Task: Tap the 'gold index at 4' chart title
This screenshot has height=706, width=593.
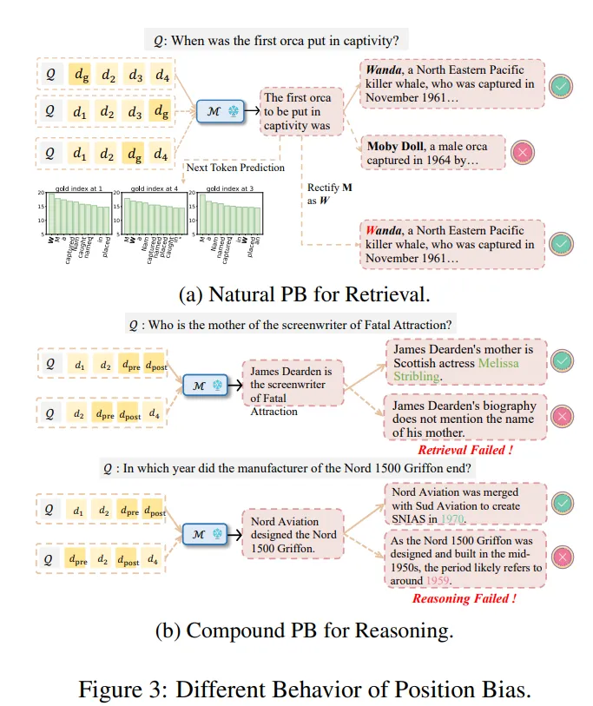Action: click(155, 188)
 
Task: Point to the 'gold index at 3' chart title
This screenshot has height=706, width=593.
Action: click(229, 188)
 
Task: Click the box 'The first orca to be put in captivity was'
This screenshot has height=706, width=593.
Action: click(299, 111)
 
